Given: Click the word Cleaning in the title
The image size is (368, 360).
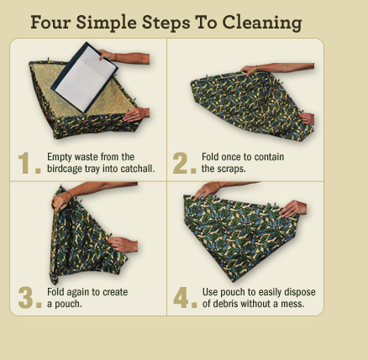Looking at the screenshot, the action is [x=262, y=23].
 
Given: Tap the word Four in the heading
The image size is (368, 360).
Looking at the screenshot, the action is [x=50, y=22].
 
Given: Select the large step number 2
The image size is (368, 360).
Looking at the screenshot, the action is [x=184, y=163].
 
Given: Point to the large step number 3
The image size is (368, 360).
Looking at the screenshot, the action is [x=29, y=298].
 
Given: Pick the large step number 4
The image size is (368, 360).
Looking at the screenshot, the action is [x=185, y=298].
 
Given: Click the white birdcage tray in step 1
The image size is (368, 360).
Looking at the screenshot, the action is [x=84, y=77].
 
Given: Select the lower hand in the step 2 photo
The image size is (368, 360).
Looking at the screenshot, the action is [x=308, y=118].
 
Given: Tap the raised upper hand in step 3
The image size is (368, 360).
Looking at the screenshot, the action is [x=62, y=200].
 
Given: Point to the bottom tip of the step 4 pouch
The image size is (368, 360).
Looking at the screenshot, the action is [x=233, y=281].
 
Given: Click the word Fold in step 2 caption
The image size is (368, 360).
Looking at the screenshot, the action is [x=210, y=157].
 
